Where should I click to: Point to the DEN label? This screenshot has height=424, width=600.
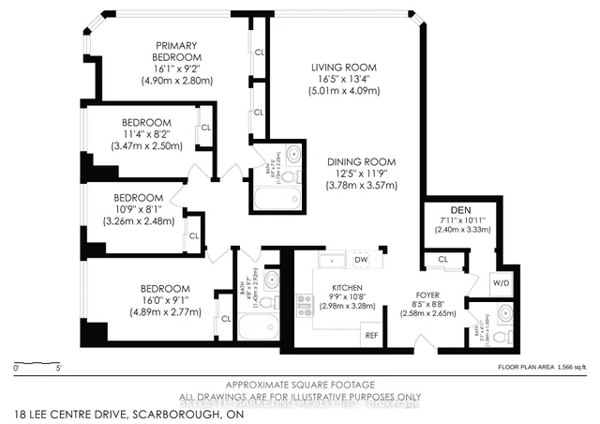coord(459,209)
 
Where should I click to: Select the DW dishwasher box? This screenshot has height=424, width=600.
coord(362,260)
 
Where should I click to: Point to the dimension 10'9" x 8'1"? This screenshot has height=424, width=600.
coord(139,210)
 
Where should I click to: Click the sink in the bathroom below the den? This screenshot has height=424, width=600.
coord(504,313)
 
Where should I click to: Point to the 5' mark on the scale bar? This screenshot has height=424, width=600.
coord(60,368)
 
